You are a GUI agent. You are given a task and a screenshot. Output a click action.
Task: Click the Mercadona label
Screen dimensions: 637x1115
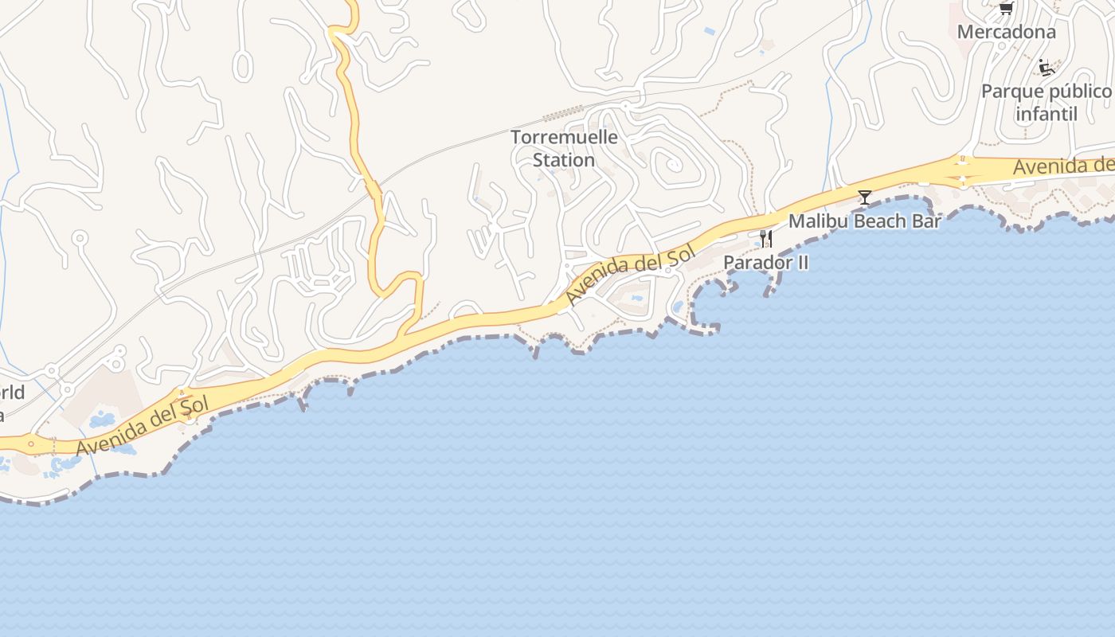[x=1006, y=33]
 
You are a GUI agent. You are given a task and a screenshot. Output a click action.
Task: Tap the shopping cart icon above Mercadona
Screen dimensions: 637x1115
[x=1006, y=9]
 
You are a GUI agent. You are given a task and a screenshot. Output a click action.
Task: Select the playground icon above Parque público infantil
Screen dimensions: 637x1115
[x=1046, y=68]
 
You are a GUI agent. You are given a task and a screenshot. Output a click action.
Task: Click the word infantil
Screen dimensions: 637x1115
[x=1046, y=114]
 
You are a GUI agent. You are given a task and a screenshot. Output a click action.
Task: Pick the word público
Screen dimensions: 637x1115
[x=1080, y=92]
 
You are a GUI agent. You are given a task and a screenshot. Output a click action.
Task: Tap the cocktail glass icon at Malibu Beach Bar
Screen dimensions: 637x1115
[x=865, y=197]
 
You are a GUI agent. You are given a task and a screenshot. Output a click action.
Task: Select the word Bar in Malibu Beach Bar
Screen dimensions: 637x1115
[x=927, y=221]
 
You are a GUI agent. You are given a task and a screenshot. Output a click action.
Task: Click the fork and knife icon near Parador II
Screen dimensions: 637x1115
[x=766, y=238]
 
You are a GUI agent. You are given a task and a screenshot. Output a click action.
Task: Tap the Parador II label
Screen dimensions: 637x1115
[x=765, y=263]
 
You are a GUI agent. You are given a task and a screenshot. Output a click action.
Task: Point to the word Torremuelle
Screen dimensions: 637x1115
[x=564, y=137]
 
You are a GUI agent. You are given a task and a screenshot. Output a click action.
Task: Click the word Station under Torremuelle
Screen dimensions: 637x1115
[x=564, y=160]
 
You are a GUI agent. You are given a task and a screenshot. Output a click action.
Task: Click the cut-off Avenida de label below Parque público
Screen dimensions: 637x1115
[x=1063, y=166]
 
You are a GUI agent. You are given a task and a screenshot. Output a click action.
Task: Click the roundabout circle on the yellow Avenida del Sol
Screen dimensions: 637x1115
[x=31, y=444]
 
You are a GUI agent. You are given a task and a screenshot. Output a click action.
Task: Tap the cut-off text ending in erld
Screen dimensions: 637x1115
[x=12, y=393]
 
